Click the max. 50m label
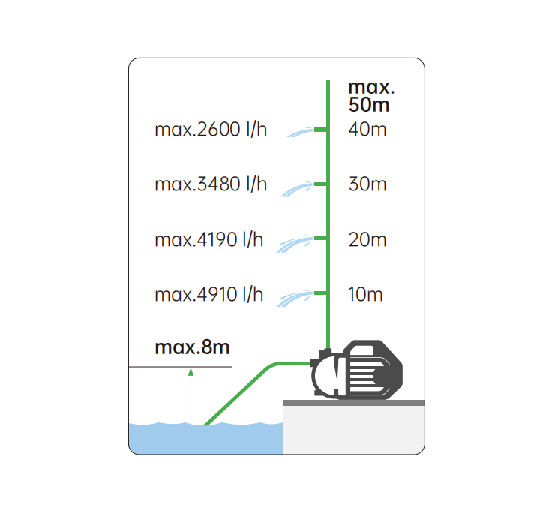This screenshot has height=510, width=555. click(371, 96)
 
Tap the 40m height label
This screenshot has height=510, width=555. click(367, 130)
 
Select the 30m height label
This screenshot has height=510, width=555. click(367, 184)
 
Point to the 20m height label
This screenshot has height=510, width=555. click(367, 239)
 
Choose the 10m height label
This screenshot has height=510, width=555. click(365, 295)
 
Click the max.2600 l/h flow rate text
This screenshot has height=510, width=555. click(211, 130)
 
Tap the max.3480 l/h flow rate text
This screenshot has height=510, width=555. click(211, 184)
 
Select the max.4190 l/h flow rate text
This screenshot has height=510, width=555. click(208, 239)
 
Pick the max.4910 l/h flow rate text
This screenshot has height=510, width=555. click(208, 295)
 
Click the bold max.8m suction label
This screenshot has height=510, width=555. click(192, 347)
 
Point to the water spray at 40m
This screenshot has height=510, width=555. click(301, 132)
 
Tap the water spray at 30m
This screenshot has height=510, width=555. click(298, 189)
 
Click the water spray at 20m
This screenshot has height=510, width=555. click(295, 244)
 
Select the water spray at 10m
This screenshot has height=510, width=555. click(295, 298)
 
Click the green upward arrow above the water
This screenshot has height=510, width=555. click(190, 396)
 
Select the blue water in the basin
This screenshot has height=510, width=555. click(206, 438)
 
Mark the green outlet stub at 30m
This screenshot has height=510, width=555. click(320, 184)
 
